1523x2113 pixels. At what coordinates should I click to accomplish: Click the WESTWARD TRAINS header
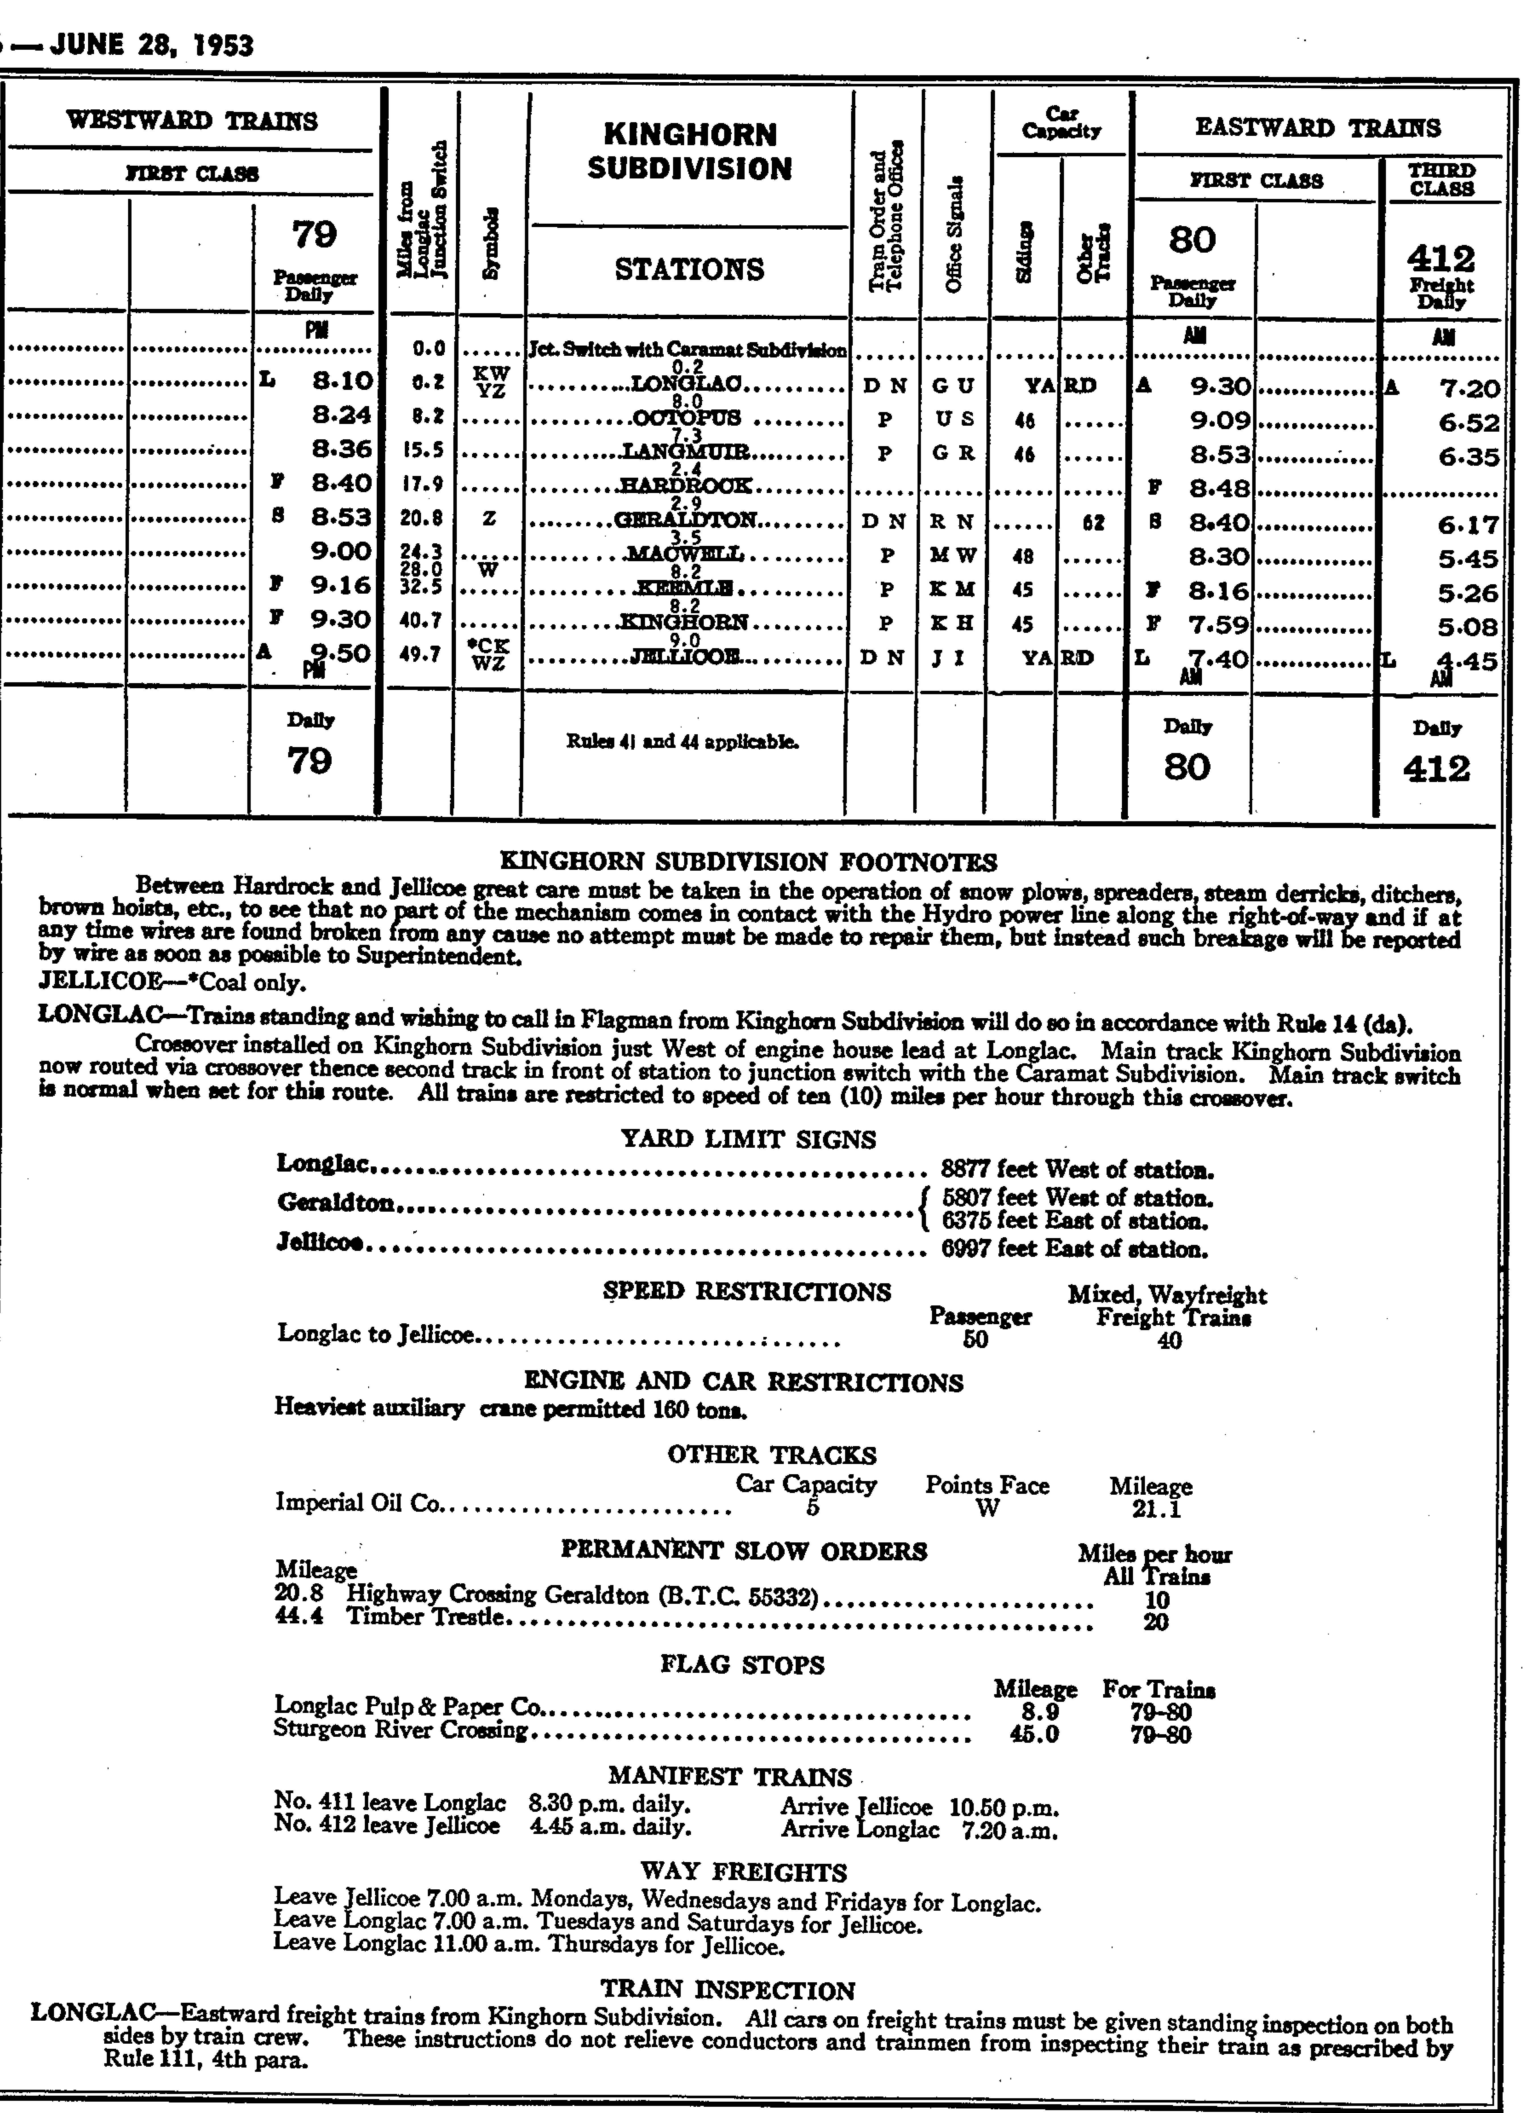tap(192, 121)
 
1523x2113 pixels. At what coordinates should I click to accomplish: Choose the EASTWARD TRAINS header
tap(1317, 128)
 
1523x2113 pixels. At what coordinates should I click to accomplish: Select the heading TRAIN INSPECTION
tap(727, 1990)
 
